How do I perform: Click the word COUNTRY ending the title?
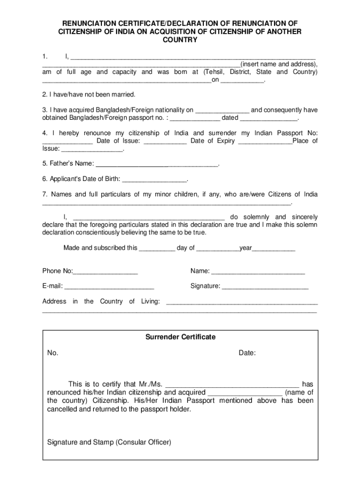[x=180, y=40]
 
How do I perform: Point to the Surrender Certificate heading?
[x=180, y=337]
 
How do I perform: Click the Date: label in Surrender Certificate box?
[x=247, y=353]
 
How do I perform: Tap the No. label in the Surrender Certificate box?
[x=53, y=353]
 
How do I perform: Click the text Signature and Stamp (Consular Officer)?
[x=109, y=442]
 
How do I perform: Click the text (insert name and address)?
[x=279, y=64]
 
